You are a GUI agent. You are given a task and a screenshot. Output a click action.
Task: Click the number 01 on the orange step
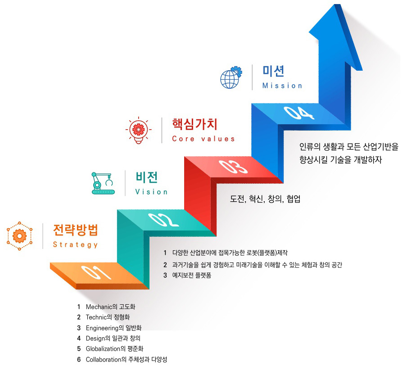click(96, 272)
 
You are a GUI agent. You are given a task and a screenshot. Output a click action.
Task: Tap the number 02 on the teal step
click(163, 220)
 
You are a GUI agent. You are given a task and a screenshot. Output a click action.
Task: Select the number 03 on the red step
click(233, 167)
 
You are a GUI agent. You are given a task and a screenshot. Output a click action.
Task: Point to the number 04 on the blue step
click(299, 113)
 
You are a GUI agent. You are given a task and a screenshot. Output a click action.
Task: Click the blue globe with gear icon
click(231, 77)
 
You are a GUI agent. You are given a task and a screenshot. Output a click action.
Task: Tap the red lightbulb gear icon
click(139, 130)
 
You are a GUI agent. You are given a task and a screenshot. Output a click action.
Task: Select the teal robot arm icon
click(103, 183)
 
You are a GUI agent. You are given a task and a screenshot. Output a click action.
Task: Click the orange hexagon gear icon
click(19, 236)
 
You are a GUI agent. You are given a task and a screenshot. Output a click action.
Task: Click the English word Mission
click(282, 86)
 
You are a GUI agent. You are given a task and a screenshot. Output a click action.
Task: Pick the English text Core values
click(203, 139)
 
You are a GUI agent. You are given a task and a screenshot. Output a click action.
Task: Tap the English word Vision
click(151, 192)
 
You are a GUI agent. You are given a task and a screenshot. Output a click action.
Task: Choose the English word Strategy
click(75, 245)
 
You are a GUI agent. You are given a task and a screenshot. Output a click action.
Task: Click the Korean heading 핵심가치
click(194, 124)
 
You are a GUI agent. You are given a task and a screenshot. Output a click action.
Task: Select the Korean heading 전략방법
click(76, 230)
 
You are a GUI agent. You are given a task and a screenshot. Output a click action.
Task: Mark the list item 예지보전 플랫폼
click(191, 275)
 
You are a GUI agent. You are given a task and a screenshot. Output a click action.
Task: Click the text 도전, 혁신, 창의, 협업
click(265, 199)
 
